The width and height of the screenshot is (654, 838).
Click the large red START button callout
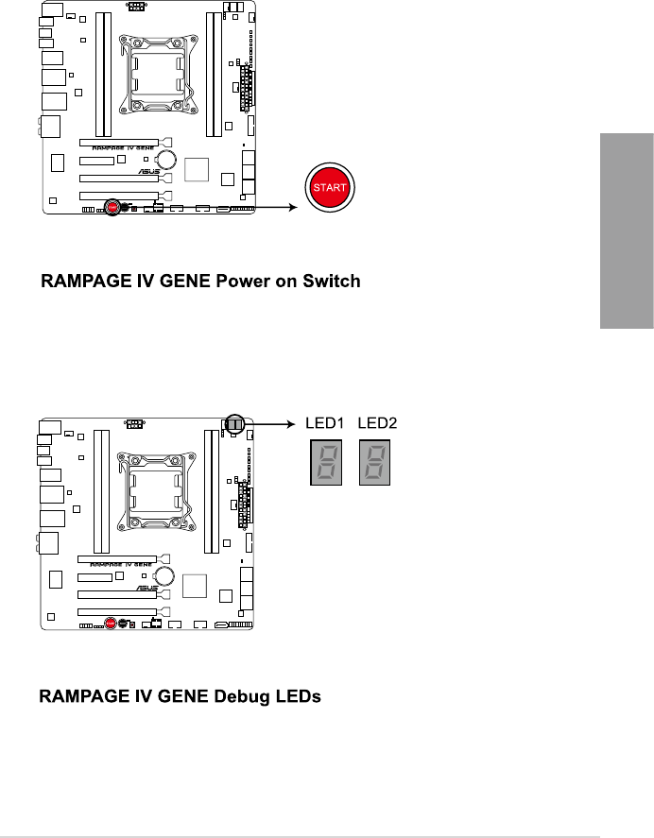click(328, 187)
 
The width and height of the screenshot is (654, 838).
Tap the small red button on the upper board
click(112, 204)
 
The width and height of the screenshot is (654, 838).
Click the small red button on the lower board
click(112, 623)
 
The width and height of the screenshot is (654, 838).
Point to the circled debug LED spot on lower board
click(233, 426)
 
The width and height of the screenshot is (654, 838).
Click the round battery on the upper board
click(166, 159)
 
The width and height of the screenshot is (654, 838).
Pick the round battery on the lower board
click(165, 575)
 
